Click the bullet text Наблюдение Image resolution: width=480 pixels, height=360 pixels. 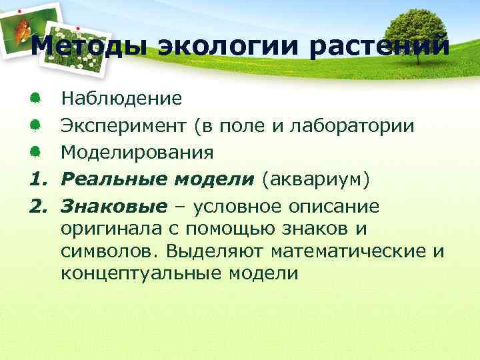[121, 99]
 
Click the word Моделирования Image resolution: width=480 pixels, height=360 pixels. [137, 153]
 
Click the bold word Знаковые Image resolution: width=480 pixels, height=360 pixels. [114, 206]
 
